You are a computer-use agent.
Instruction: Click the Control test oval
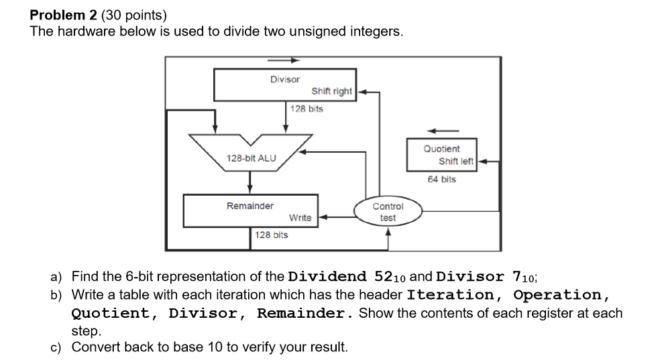coord(388,212)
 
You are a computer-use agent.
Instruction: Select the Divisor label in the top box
coord(285,79)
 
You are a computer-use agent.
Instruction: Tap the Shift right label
coord(331,91)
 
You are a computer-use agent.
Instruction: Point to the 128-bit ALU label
coord(251,158)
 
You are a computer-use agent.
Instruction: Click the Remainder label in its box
coord(250,206)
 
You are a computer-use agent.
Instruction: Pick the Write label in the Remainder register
coord(300,217)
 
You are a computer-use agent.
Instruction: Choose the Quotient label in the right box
coord(441,148)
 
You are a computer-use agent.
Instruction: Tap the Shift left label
coord(456,161)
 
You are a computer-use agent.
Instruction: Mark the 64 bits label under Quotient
coord(441,179)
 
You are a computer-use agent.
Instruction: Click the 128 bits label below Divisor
coord(307,109)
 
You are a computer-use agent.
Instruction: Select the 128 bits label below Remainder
coord(272,235)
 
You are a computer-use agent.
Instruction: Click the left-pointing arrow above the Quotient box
coord(443,130)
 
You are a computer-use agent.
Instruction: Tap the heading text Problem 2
coord(63,14)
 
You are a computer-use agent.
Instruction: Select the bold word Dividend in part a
coord(327,276)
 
